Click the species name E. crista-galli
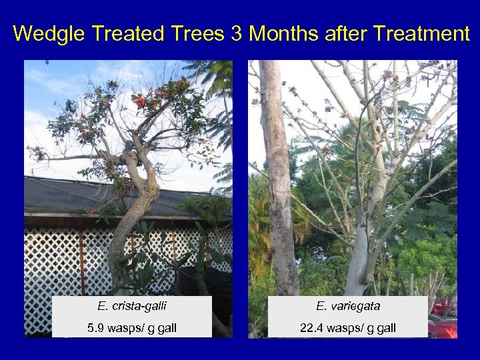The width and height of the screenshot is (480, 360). [131, 307]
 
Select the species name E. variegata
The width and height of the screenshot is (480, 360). [347, 307]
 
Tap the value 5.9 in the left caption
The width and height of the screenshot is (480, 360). [96, 327]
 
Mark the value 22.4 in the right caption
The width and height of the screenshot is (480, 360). [311, 327]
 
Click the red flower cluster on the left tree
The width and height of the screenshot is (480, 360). [141, 102]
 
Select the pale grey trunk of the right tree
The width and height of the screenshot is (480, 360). [359, 247]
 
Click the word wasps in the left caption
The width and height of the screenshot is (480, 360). [127, 327]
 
